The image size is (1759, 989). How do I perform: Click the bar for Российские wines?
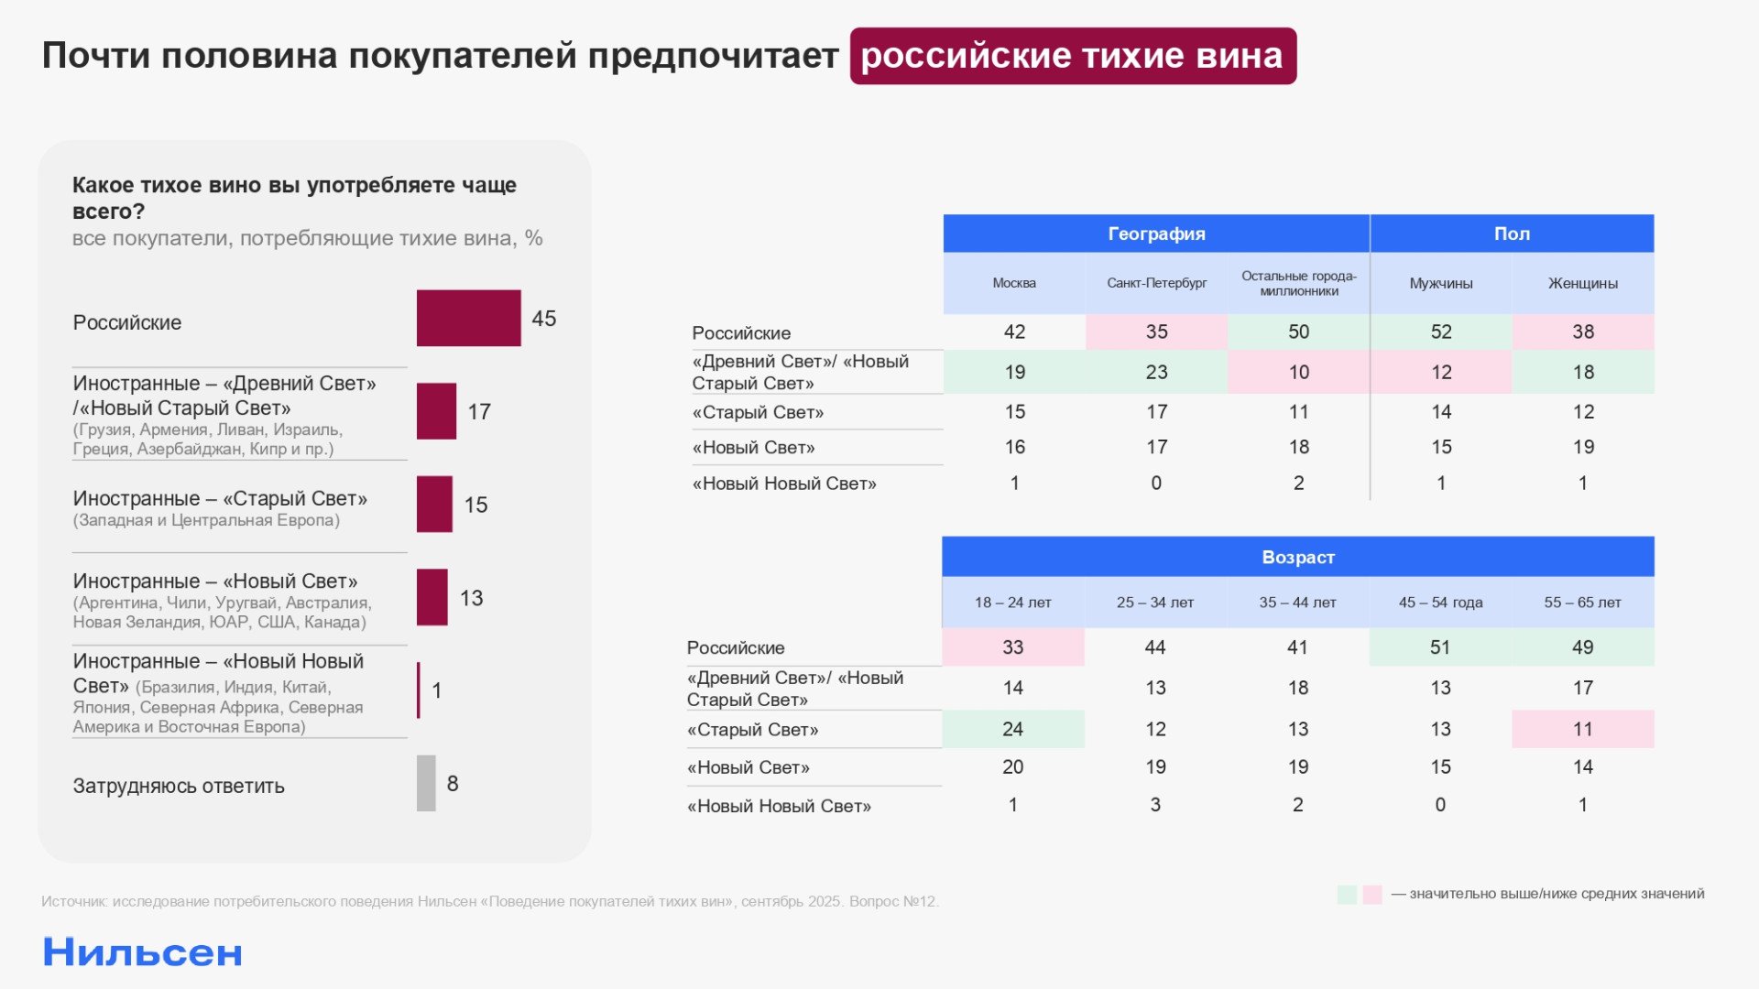tap(468, 318)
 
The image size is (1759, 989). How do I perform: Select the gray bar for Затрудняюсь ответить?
tap(426, 783)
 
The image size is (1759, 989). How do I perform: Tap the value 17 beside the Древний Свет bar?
tap(479, 412)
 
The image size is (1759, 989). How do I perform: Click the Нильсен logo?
tap(143, 953)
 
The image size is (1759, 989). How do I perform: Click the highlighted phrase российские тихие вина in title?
tap(1072, 56)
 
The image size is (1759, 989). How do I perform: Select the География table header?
tap(1156, 234)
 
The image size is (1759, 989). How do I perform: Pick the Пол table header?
tap(1512, 234)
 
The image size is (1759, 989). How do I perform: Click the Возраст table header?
tap(1297, 557)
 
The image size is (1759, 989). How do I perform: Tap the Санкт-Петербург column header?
tap(1156, 283)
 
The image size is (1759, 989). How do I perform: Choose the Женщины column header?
tap(1582, 283)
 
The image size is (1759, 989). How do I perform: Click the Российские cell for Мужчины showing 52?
tap(1440, 331)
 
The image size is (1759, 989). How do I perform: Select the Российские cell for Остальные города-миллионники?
tap(1298, 331)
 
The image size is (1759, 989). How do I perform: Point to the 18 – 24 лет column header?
tap(1012, 603)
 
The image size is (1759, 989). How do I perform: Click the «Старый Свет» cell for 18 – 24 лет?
tap(1012, 729)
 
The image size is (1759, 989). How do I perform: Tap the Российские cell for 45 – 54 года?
tap(1440, 647)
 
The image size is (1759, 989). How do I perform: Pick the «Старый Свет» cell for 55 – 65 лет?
tap(1582, 729)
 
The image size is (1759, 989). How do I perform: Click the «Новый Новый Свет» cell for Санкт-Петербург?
tap(1156, 483)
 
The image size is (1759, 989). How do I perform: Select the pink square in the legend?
tap(1371, 895)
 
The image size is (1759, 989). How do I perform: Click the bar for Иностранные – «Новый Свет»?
tap(432, 597)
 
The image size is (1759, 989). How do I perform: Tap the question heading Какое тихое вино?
tap(294, 197)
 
